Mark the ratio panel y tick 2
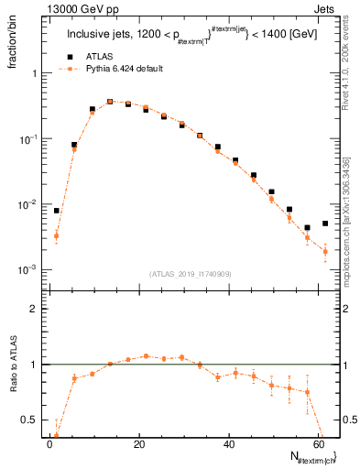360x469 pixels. coord(36,309)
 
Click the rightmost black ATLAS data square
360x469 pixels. coord(325,224)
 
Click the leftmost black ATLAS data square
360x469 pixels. coord(57,211)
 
